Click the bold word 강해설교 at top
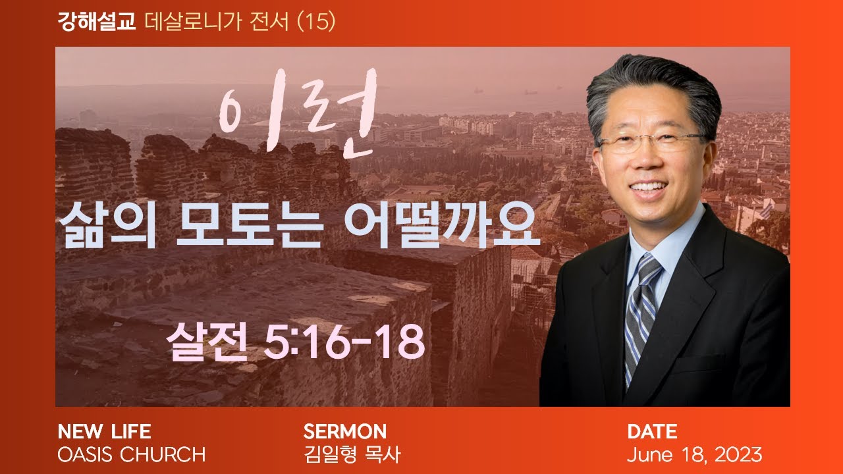point(97,22)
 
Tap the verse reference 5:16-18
point(343,342)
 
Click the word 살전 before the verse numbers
point(210,342)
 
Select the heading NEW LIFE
point(104,432)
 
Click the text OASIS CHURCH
point(132,454)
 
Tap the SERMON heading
point(344,432)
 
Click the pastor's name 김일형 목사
point(352,454)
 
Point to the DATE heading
point(651,432)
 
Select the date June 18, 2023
point(694,454)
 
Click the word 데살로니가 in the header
point(183,22)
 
